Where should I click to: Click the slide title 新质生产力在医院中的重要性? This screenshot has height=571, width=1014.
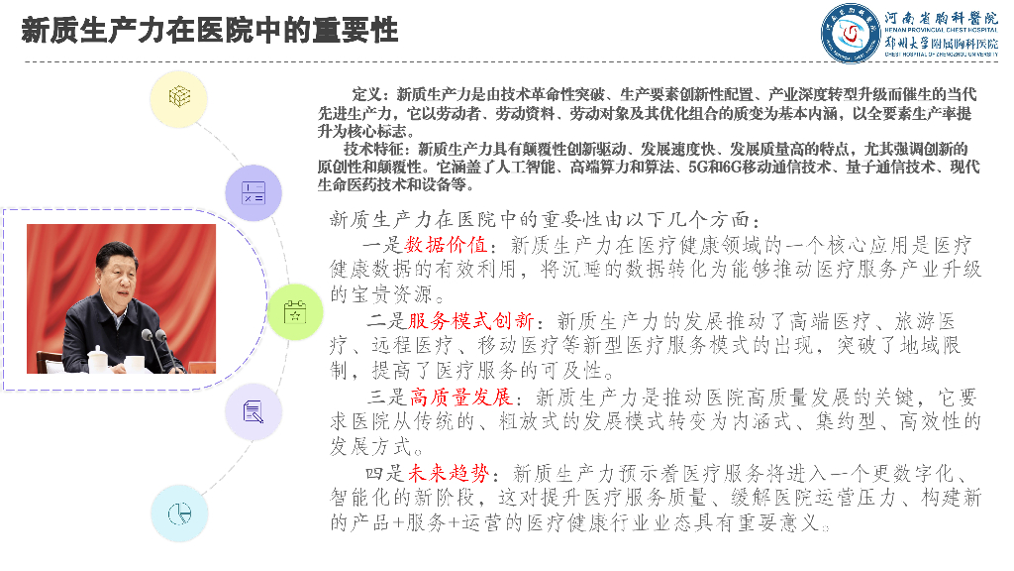coord(210,31)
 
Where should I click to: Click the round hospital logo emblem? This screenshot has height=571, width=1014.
coord(849,31)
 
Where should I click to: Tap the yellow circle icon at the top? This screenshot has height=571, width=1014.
coord(179,97)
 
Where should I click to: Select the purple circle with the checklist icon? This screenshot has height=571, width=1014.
coord(253,192)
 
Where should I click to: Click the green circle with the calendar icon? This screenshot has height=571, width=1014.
coord(295,311)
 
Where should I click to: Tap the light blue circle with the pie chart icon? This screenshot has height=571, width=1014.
coord(179,513)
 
